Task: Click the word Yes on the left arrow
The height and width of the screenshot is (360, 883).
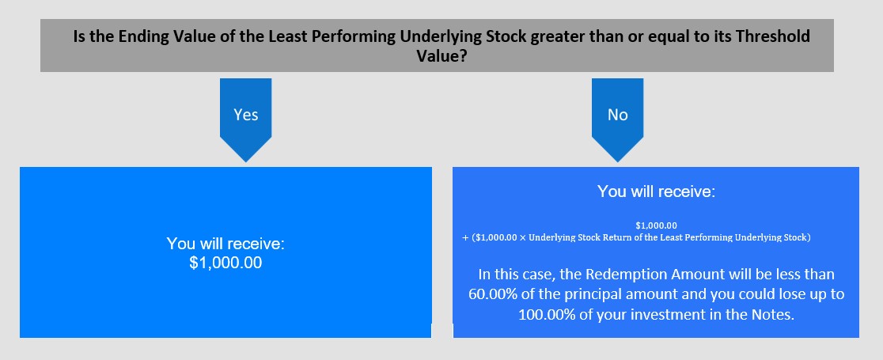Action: pyautogui.click(x=245, y=115)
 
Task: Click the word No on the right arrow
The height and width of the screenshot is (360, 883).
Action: pyautogui.click(x=617, y=115)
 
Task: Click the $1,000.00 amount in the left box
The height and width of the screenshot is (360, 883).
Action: pyautogui.click(x=225, y=263)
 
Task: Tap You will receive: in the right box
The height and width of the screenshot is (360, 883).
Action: pyautogui.click(x=655, y=191)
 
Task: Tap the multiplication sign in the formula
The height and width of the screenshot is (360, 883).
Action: pyautogui.click(x=522, y=237)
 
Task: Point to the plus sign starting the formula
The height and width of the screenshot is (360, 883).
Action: pyautogui.click(x=466, y=237)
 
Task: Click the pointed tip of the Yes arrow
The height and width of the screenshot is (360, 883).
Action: pyautogui.click(x=245, y=161)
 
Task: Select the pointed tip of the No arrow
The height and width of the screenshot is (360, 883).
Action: pyautogui.click(x=617, y=161)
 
